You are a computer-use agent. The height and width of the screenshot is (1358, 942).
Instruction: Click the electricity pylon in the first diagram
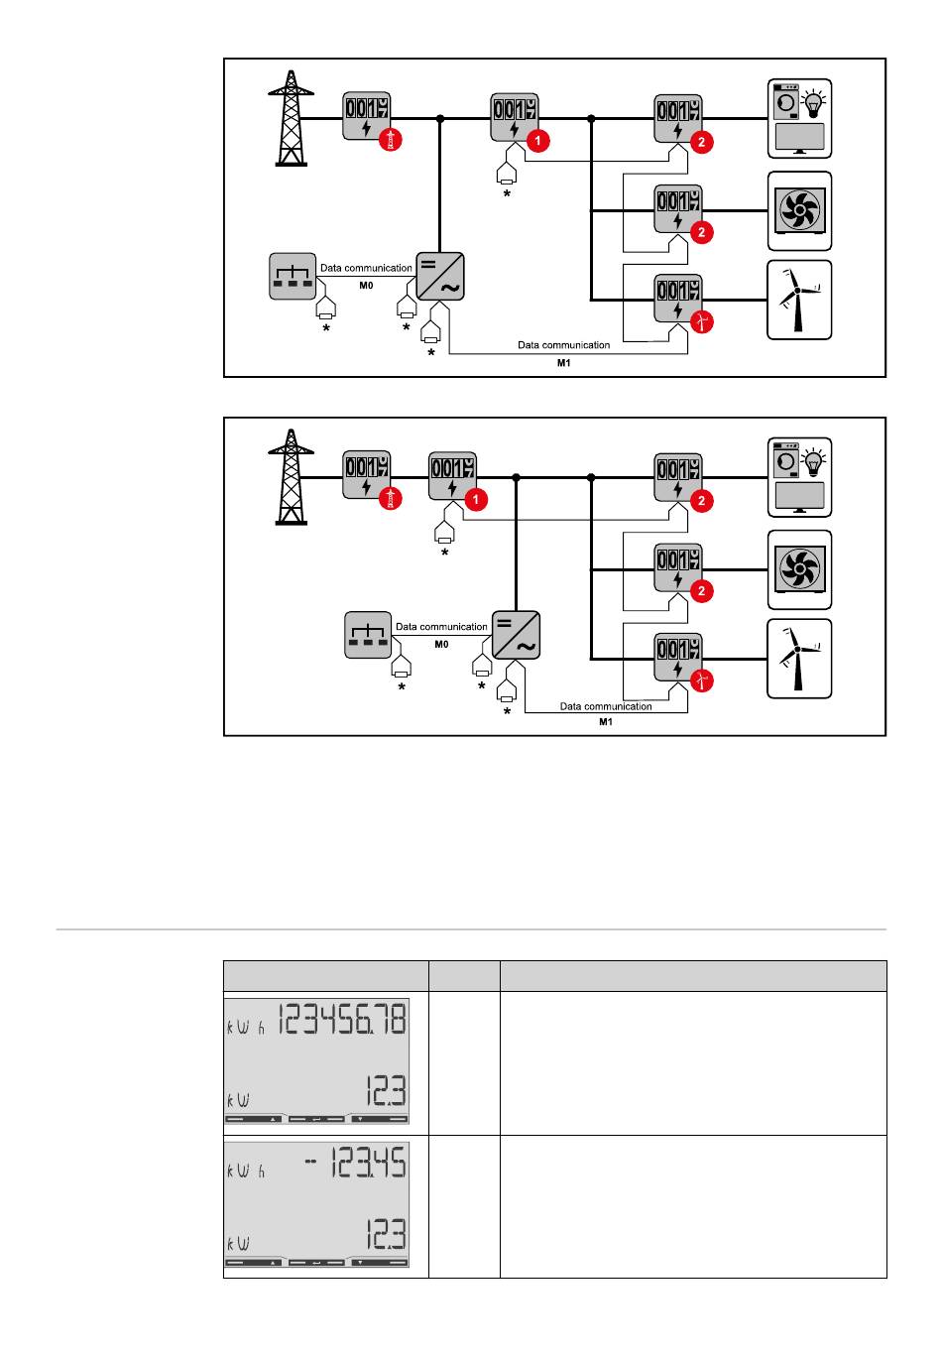(291, 117)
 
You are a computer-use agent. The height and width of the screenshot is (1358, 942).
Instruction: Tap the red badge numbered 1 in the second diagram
(476, 500)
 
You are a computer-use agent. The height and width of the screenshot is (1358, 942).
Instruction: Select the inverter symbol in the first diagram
(441, 275)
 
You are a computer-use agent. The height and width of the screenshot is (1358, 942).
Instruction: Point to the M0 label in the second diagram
(441, 644)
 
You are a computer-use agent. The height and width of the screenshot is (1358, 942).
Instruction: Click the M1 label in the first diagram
(563, 363)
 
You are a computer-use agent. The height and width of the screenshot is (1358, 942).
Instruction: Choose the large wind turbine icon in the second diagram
(799, 659)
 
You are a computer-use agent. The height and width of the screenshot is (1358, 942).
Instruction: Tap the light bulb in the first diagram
(815, 101)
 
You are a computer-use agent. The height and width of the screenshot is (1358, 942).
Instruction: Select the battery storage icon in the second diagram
(368, 636)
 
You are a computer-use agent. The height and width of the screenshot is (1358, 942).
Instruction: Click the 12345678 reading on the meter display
(342, 1020)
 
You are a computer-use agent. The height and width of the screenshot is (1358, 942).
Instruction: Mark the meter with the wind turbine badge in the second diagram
(677, 658)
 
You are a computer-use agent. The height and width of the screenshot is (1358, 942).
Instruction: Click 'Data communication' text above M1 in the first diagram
(563, 345)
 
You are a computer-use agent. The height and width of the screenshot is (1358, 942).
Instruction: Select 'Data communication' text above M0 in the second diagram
(441, 627)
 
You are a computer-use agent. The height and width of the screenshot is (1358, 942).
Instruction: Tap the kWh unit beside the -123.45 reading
(246, 1171)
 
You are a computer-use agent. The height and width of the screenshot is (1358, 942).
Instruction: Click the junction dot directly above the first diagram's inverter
(440, 119)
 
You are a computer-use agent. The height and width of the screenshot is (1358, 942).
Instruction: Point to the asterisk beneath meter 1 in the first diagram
(507, 193)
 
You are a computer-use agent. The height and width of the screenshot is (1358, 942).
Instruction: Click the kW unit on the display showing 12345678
(238, 1100)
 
